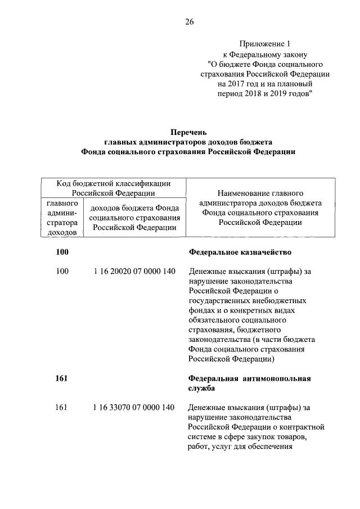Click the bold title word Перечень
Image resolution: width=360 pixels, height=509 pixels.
tap(188, 132)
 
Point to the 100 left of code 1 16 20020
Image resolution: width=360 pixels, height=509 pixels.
tap(62, 272)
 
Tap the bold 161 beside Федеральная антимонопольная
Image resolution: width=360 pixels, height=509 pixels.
tap(62, 379)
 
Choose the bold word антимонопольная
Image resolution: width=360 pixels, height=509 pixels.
tap(277, 379)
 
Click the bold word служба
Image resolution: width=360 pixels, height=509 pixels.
tap(202, 389)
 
